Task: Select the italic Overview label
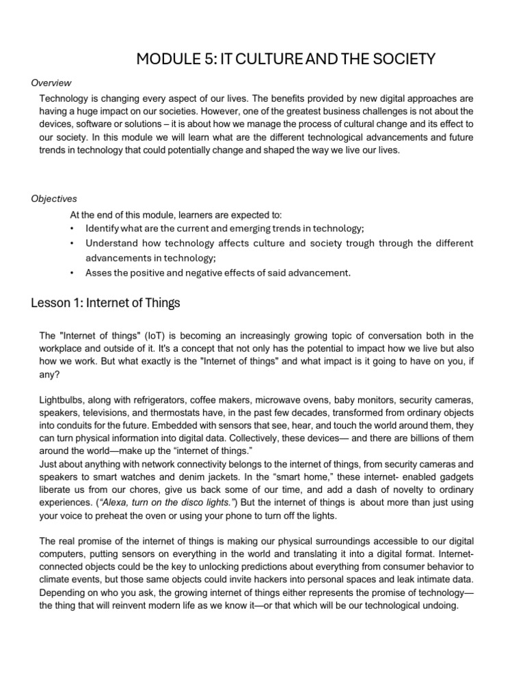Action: tap(51, 83)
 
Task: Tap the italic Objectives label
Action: tap(54, 199)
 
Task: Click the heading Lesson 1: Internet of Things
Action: tap(105, 303)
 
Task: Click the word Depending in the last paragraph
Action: tap(64, 593)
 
